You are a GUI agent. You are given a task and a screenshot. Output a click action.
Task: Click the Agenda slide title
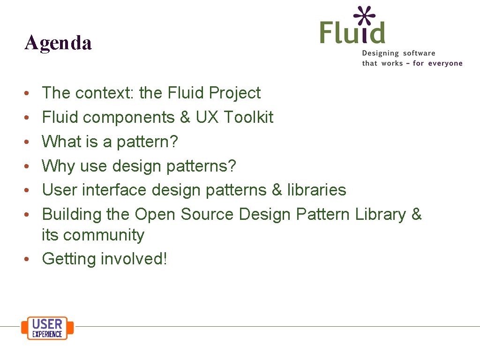pos(58,43)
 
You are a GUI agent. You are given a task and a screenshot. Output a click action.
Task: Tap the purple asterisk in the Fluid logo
pos(365,16)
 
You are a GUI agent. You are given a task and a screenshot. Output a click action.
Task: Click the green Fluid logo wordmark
pos(352,32)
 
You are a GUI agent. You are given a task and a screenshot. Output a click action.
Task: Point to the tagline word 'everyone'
pos(445,63)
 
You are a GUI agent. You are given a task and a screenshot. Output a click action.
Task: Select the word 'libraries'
pos(316,190)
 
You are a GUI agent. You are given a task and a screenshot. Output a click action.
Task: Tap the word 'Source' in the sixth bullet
pos(207,214)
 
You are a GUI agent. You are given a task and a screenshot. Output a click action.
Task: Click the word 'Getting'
pos(69,259)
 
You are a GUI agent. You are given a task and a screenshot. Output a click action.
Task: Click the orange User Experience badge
pos(47,328)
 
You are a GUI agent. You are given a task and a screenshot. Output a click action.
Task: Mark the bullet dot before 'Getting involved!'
pos(29,259)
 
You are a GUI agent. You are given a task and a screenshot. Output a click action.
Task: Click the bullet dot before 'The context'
pos(29,93)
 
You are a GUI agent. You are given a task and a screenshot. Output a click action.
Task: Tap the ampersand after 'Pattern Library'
pos(416,214)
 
